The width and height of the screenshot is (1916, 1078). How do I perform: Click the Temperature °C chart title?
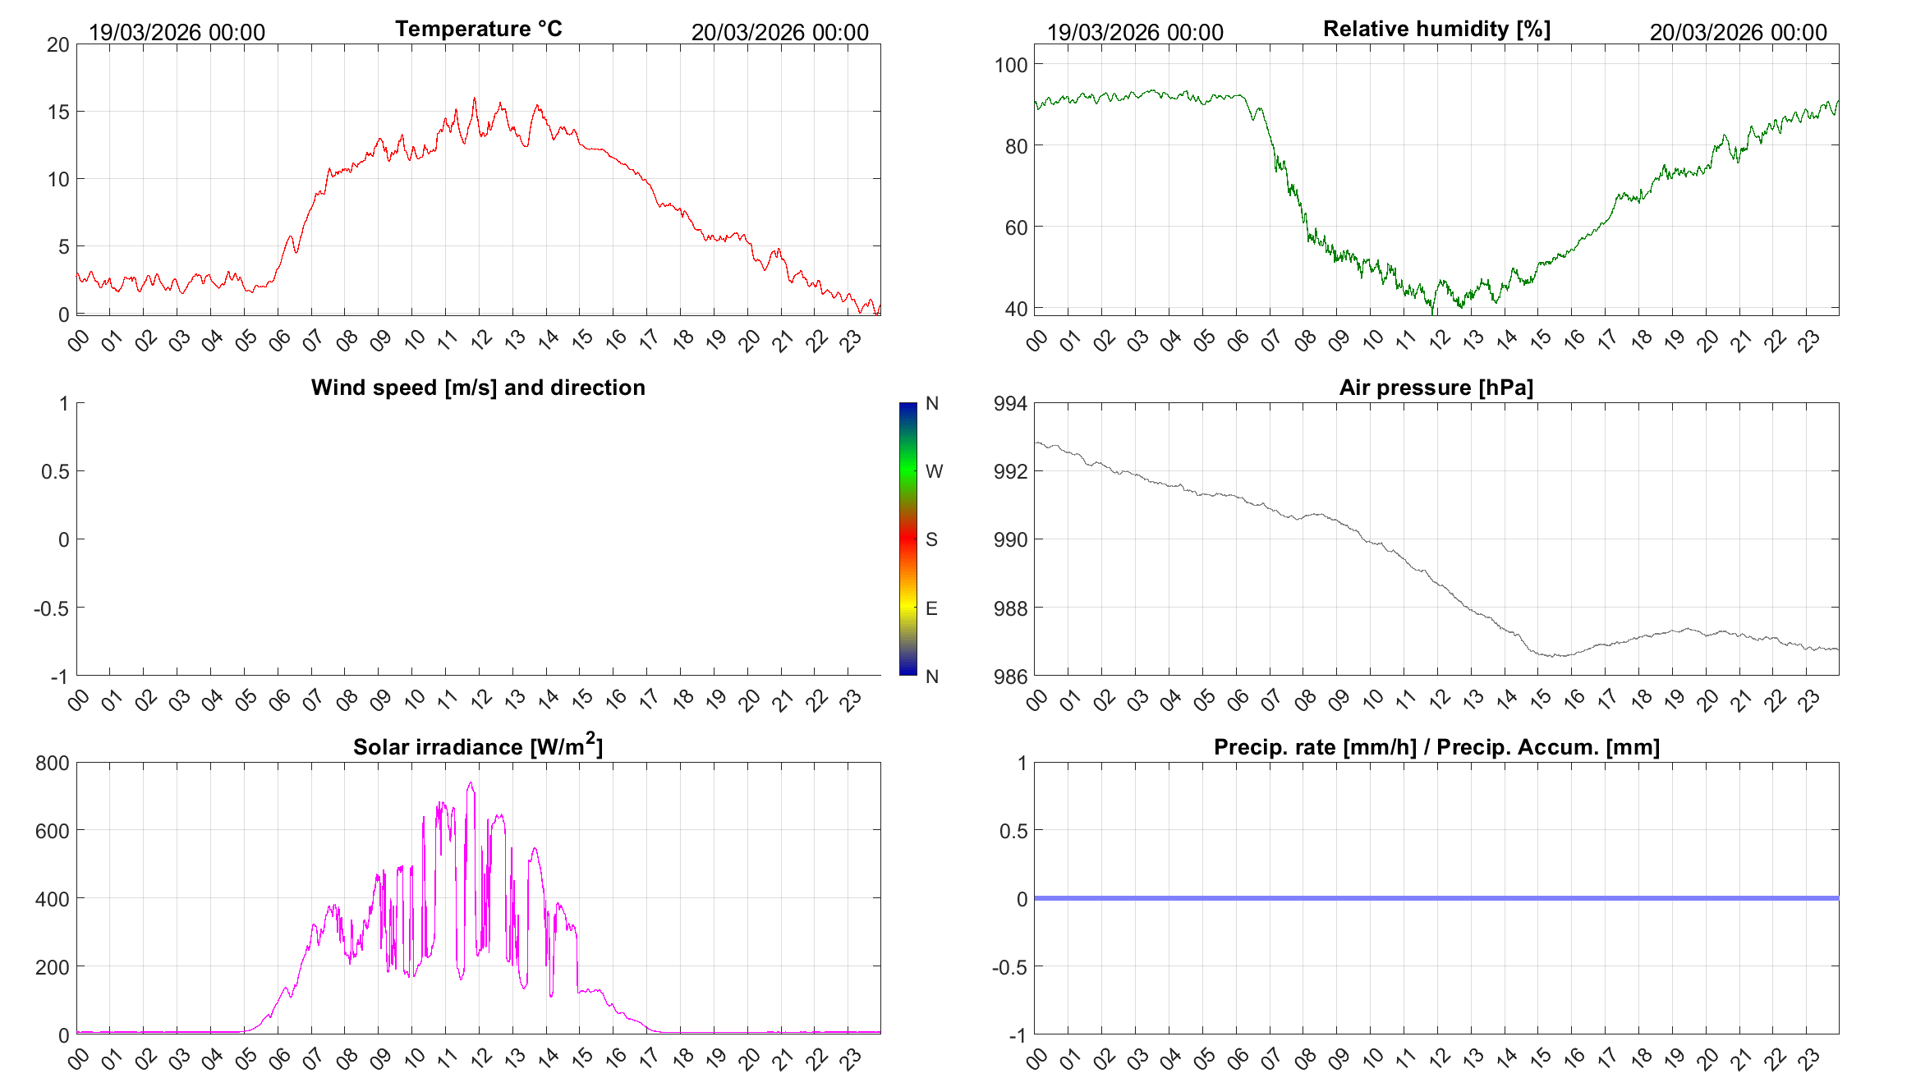tap(479, 29)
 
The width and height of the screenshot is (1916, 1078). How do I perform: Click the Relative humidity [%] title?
tap(1436, 29)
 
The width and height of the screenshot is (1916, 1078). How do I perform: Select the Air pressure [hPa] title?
tap(1436, 388)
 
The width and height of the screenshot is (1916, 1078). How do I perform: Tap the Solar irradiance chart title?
tap(478, 745)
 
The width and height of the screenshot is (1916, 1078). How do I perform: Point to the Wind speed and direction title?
tap(478, 388)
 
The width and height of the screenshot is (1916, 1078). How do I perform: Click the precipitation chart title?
tap(1436, 747)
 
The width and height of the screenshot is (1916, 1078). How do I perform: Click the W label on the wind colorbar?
tap(934, 471)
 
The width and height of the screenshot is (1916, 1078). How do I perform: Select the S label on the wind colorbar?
tap(931, 539)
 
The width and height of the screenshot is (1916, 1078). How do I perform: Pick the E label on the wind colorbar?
tap(931, 608)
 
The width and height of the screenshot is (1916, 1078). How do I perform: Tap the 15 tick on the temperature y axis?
tap(58, 112)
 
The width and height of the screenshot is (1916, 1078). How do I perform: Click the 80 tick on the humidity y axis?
tap(1016, 146)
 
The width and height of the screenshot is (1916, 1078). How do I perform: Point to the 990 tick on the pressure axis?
tap(1010, 540)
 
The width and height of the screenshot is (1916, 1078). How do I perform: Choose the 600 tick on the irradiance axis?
tap(53, 831)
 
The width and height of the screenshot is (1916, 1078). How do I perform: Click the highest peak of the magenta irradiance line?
tap(471, 782)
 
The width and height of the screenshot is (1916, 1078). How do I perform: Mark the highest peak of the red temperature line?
tap(474, 99)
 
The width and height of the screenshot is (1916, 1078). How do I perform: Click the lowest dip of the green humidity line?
tap(1433, 313)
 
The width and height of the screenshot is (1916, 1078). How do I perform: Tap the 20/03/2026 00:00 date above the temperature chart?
tap(779, 32)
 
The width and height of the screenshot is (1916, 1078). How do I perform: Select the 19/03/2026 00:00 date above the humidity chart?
tap(1135, 32)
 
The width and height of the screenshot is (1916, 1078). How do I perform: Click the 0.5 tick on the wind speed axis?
tap(55, 471)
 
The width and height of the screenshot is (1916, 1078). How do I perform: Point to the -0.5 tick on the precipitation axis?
tap(1009, 967)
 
